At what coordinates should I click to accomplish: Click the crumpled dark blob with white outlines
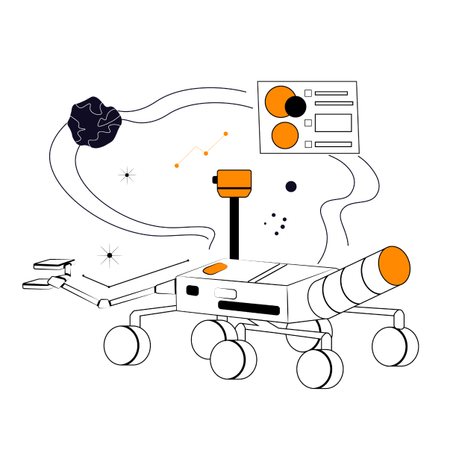tap(94, 122)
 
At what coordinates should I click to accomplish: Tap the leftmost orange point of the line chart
tap(177, 166)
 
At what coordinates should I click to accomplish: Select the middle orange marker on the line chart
tap(206, 153)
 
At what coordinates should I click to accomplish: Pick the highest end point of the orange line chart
tap(225, 134)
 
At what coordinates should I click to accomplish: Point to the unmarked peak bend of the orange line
tap(196, 147)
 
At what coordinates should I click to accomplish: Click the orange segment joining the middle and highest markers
tap(216, 143)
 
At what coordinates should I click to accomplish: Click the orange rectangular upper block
tap(234, 179)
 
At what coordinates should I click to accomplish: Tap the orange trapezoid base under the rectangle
tap(234, 193)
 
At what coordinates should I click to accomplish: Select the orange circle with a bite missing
tap(278, 101)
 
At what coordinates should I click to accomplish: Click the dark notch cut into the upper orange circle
tap(293, 105)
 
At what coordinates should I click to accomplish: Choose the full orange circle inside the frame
tap(285, 136)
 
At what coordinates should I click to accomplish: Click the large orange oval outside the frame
tap(394, 266)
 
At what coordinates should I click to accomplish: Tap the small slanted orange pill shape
tap(216, 268)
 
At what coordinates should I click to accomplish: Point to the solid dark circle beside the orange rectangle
tap(291, 187)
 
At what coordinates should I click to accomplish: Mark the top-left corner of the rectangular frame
tap(257, 81)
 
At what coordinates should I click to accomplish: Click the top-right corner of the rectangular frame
tap(357, 81)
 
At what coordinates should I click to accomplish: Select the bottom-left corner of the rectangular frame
tap(260, 154)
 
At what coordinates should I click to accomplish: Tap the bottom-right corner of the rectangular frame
tap(359, 153)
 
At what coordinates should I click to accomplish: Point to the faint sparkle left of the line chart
tap(127, 175)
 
